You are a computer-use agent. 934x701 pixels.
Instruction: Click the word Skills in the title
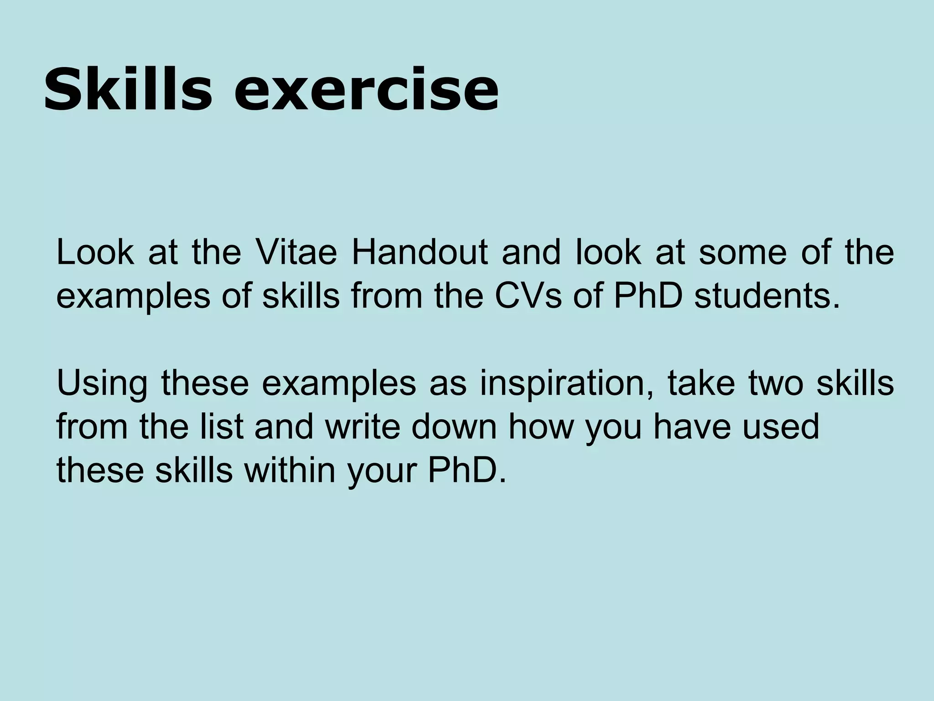(x=128, y=89)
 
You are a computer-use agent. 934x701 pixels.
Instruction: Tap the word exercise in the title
(x=366, y=89)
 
